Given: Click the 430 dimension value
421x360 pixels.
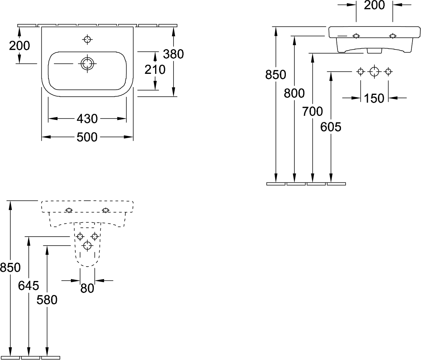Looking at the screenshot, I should (x=87, y=119).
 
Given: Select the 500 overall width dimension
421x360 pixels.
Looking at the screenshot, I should (x=87, y=137).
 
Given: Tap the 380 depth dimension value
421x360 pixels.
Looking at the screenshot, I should (x=174, y=54).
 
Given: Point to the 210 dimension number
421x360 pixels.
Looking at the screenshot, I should (x=155, y=69).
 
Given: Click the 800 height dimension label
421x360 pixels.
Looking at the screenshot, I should (x=294, y=93).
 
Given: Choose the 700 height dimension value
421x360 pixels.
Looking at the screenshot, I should (x=312, y=111).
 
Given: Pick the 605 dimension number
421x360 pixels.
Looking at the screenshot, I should (x=331, y=127).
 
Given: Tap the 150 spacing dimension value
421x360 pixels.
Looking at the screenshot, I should (x=374, y=98).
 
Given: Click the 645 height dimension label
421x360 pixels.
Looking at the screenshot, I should (x=28, y=285).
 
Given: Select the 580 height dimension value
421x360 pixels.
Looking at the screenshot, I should (x=47, y=300).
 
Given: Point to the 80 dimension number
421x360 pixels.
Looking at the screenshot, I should (x=87, y=288).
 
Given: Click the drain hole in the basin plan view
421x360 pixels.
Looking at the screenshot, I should (x=87, y=64).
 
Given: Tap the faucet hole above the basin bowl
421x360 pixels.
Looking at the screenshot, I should (x=87, y=40).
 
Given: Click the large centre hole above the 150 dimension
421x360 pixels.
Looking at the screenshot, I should (x=374, y=71).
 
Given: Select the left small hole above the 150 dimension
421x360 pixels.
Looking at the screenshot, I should (x=361, y=71).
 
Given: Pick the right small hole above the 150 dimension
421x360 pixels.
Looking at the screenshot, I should (x=388, y=71).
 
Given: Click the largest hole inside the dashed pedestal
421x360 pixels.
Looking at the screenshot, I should (x=88, y=245).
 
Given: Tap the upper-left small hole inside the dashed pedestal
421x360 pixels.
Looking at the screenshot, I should (x=80, y=236).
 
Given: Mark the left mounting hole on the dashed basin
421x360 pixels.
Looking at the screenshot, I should (x=69, y=210).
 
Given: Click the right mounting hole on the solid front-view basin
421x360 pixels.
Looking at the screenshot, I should (x=392, y=36).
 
